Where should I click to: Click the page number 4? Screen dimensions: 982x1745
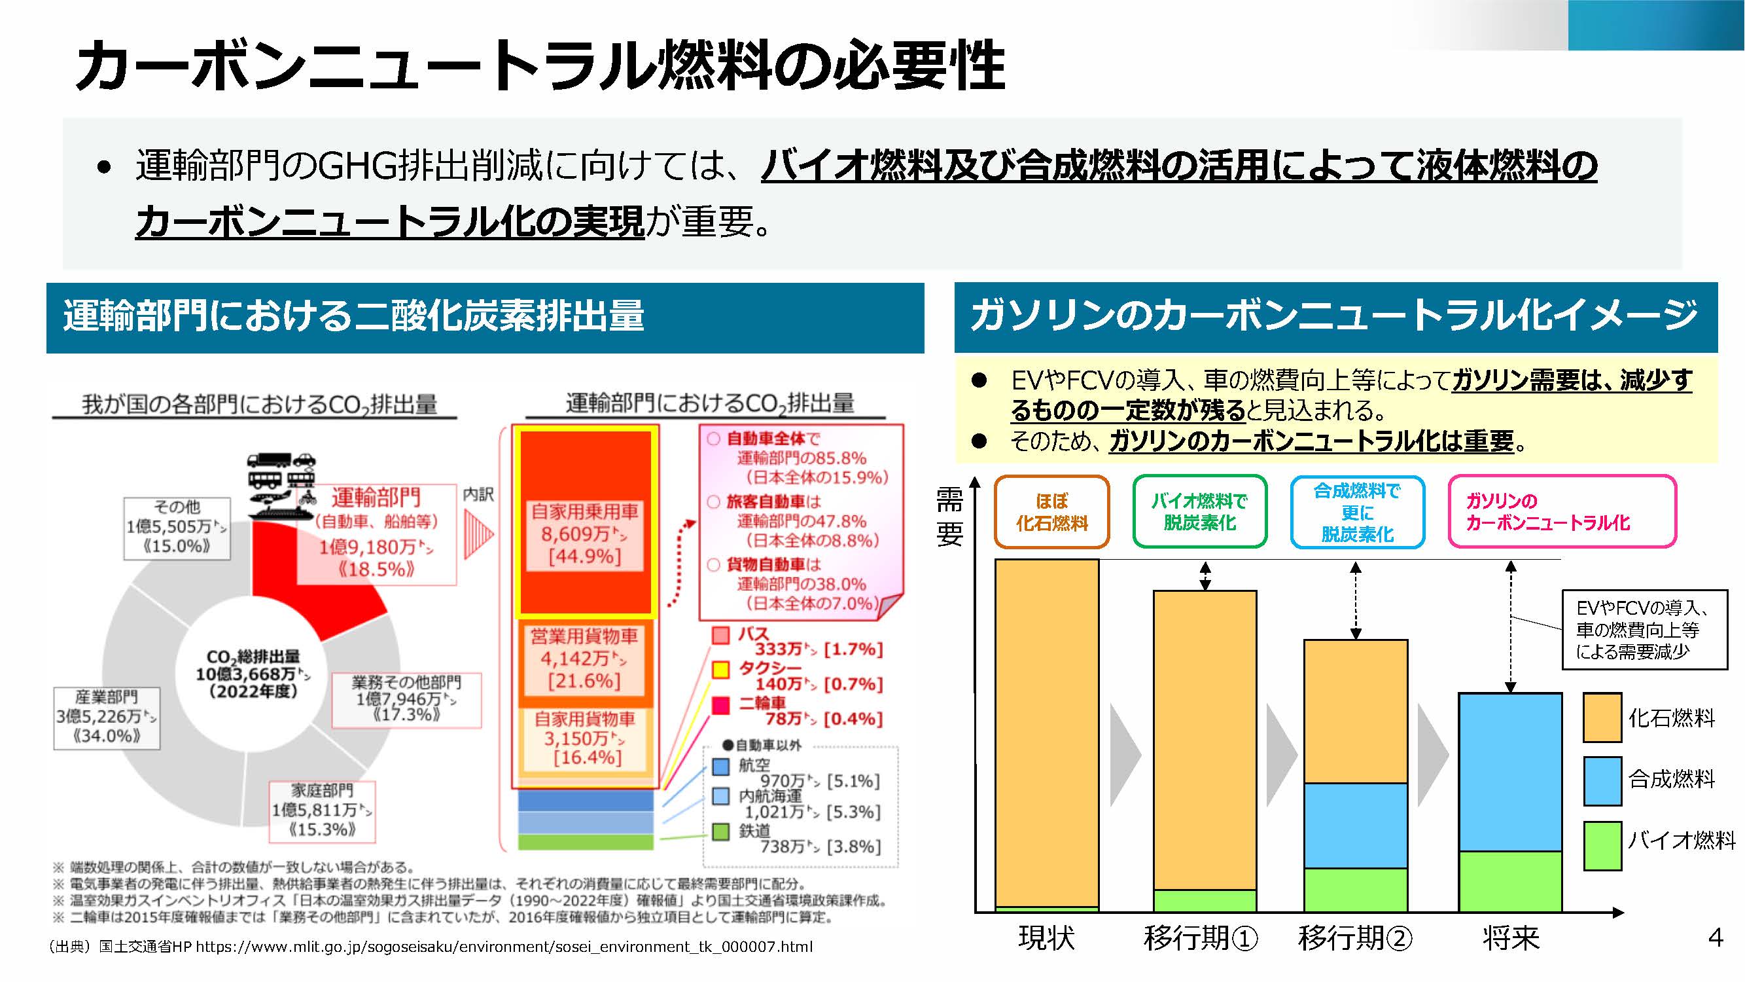pos(1715,937)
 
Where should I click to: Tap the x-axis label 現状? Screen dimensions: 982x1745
pos(1047,938)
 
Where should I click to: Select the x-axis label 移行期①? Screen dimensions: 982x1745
pos(1201,938)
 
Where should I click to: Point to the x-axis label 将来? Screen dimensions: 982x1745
pos(1511,938)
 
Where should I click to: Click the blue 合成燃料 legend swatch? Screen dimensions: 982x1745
pos(1602,781)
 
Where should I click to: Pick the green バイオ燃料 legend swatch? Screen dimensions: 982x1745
pos(1602,845)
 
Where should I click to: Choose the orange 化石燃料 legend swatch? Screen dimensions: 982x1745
pos(1602,717)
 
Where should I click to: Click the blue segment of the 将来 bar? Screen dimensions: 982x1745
pos(1510,771)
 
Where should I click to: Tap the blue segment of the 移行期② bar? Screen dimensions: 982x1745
pos(1356,826)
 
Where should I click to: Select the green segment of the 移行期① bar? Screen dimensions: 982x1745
pos(1205,900)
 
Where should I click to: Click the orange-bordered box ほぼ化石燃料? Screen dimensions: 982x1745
pos(1051,512)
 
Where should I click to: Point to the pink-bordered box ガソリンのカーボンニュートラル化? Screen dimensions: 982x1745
pos(1561,512)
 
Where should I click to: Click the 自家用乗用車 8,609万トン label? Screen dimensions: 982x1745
pos(584,534)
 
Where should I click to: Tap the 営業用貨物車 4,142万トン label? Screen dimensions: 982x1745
pos(584,658)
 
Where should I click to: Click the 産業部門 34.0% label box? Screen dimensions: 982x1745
pos(107,718)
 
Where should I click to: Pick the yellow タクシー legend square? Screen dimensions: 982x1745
pos(720,670)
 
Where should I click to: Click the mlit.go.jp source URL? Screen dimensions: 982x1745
pos(503,946)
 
